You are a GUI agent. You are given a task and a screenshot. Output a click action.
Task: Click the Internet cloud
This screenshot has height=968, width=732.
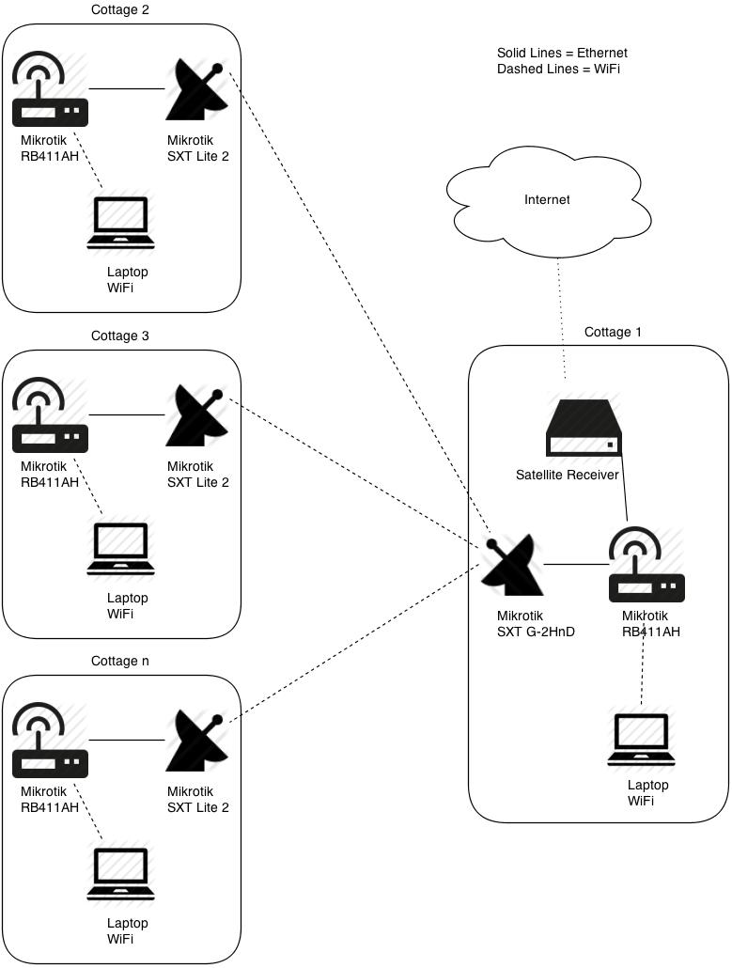[546, 203]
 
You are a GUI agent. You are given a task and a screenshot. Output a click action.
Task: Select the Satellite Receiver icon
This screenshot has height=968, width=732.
[584, 430]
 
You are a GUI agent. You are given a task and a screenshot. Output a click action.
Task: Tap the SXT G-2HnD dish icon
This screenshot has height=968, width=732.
[513, 566]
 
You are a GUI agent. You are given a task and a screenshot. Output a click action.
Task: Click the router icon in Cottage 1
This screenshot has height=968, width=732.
[646, 566]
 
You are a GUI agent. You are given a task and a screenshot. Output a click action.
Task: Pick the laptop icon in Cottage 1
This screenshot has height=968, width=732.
[641, 741]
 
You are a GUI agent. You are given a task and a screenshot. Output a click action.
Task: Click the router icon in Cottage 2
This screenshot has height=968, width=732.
[50, 90]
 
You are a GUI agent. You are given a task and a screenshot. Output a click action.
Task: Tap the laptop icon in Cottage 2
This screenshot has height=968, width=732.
[120, 224]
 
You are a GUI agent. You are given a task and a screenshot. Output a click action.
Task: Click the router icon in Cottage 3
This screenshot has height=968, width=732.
[50, 416]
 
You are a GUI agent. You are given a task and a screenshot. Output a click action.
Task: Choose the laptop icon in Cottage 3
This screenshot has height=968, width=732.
[120, 549]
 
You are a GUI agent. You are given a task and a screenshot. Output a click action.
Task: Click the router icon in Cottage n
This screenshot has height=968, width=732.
[50, 742]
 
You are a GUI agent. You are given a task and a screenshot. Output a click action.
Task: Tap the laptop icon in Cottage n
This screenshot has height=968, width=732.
[120, 875]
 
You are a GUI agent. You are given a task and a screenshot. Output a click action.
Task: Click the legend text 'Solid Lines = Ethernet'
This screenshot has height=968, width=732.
[561, 54]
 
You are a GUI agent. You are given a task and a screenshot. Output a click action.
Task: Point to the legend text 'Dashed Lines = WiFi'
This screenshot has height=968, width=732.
[558, 70]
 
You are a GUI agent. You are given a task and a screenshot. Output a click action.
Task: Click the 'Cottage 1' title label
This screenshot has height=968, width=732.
[613, 332]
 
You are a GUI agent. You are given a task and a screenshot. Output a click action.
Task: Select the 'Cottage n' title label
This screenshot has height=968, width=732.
[119, 661]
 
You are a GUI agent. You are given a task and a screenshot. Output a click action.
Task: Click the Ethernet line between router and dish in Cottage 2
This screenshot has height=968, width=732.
[127, 88]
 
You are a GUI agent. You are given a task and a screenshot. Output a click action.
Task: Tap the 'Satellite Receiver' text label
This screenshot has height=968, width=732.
[567, 475]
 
